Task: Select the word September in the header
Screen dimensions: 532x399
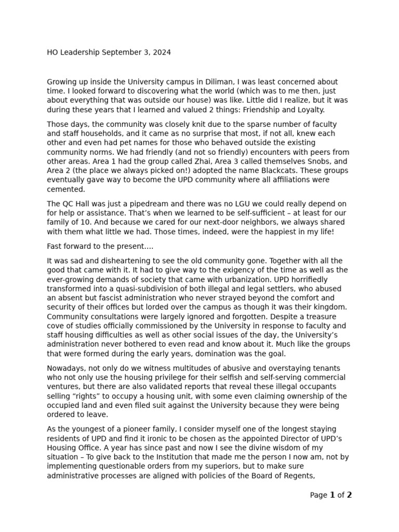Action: coord(124,52)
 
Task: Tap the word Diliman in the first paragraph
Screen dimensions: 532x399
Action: coord(219,82)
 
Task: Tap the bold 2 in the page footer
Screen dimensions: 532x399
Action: coord(349,495)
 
